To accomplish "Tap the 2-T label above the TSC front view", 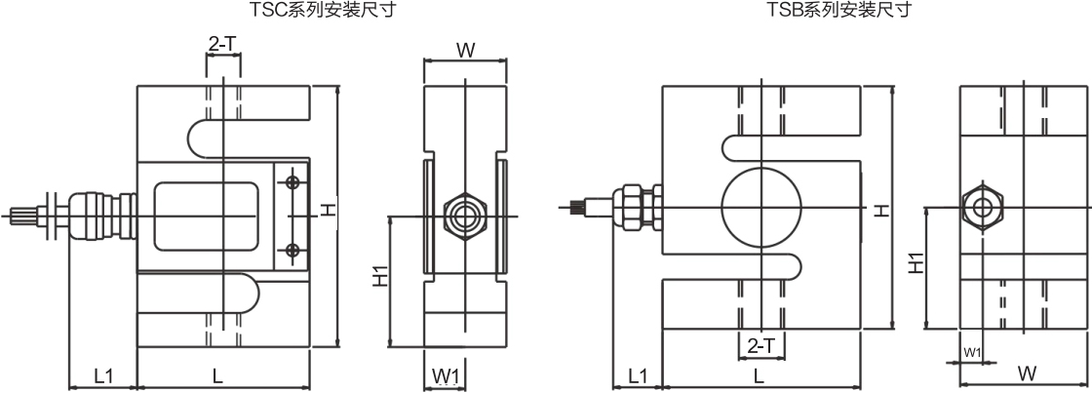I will (x=221, y=44).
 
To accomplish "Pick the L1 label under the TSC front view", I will (x=103, y=374).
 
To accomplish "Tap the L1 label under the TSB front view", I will (x=638, y=374).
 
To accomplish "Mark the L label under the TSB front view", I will (x=759, y=374).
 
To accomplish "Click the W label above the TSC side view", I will (x=465, y=51).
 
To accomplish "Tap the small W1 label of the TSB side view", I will (x=971, y=351).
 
